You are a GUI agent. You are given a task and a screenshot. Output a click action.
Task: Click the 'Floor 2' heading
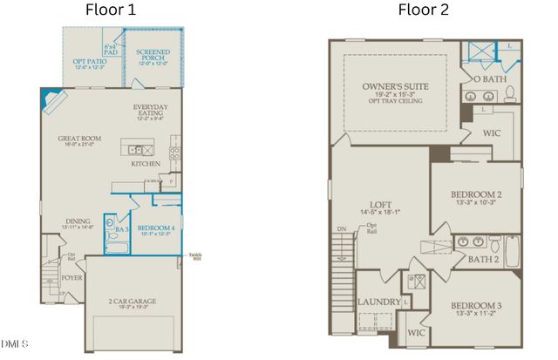(424, 10)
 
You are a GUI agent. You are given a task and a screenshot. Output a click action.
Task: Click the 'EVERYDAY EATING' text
(151, 112)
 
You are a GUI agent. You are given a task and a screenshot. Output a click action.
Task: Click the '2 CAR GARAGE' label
(132, 302)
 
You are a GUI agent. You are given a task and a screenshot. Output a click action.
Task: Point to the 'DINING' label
(78, 221)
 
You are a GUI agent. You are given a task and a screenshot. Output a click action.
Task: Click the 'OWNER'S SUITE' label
(391, 87)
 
